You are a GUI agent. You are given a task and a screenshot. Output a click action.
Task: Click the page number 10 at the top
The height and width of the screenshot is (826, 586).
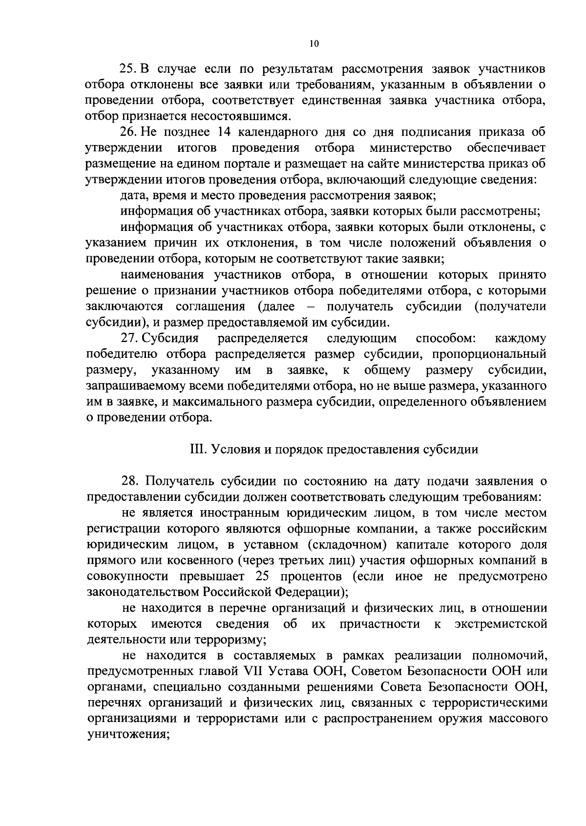(314, 43)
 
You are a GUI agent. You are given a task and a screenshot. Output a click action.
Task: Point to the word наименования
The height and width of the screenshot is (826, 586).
(166, 275)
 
